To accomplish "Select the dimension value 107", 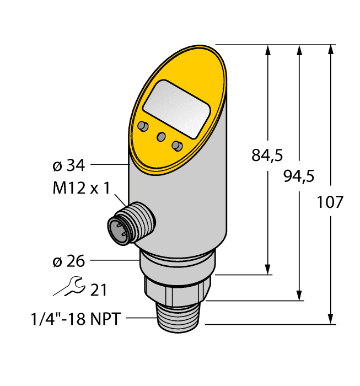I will (x=330, y=202).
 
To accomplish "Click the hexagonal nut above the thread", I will (x=178, y=289).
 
